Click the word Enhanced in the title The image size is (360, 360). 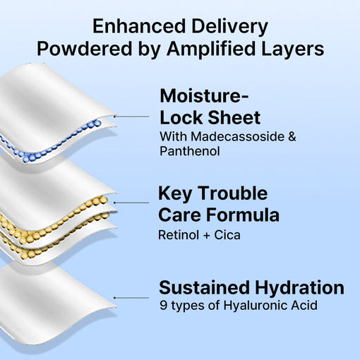coord(139,26)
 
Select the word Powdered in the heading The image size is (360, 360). coord(85,49)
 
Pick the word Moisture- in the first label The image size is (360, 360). coord(204,96)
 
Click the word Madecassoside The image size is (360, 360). coord(237,136)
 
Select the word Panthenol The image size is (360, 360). coord(190,151)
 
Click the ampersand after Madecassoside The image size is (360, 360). coord(292,136)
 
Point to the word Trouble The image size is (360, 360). coord(232,193)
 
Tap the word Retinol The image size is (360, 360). coord(179,235)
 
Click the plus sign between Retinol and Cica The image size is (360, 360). coord(206,235)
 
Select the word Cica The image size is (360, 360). coord(227,235)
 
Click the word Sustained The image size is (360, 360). coord(204,287)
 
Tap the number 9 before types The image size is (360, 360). coord(163,305)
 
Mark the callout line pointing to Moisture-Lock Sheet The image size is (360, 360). coord(131,116)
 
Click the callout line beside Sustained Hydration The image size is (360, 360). coord(131,298)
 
